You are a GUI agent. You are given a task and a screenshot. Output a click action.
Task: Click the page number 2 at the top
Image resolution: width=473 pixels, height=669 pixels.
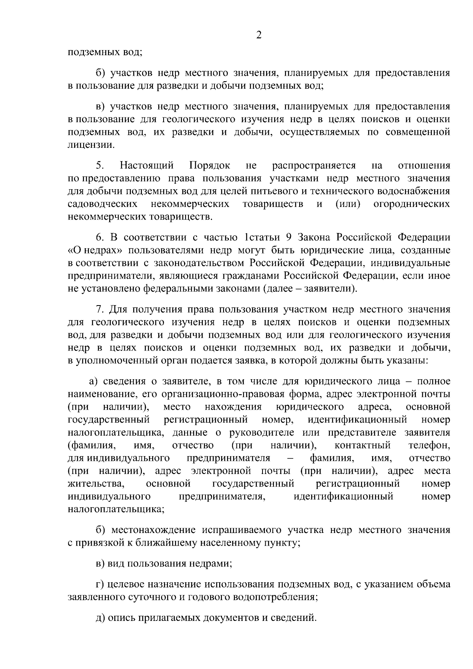coord(259,35)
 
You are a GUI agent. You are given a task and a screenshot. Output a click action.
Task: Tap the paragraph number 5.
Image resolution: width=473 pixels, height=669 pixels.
coord(99,165)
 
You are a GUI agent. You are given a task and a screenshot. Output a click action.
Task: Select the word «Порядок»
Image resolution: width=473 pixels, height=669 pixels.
coord(209,165)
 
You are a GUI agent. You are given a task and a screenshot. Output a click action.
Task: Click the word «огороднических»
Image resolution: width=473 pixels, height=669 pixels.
coord(412,204)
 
